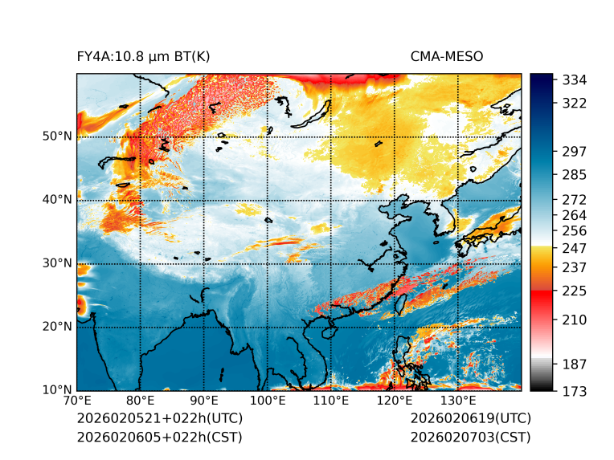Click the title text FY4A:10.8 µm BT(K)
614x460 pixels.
(x=143, y=57)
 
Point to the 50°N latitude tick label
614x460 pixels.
(x=57, y=136)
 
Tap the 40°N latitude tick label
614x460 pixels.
(x=57, y=200)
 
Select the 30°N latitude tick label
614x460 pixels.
(x=57, y=263)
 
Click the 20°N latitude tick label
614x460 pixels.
(x=57, y=327)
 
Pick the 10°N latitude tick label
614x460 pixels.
(x=57, y=390)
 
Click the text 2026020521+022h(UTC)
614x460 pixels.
(x=159, y=419)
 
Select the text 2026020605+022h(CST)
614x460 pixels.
(x=159, y=438)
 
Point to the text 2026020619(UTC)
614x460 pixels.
(x=470, y=419)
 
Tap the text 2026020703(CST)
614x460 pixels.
(x=470, y=438)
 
